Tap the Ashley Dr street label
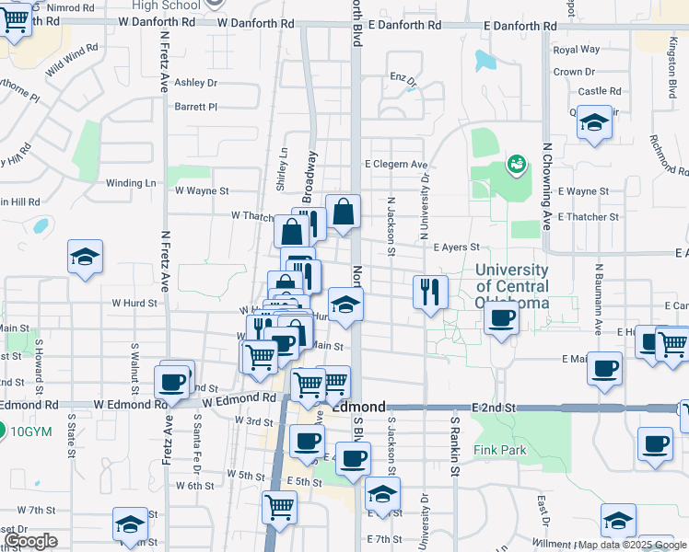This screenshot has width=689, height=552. tap(195, 83)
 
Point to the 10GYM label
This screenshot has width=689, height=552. tap(32, 431)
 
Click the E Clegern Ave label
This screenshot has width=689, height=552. tap(396, 165)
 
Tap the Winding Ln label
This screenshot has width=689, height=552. tap(130, 183)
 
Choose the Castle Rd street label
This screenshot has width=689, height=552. tap(599, 91)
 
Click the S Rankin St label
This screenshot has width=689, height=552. tap(454, 445)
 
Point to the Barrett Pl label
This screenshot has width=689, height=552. tap(195, 107)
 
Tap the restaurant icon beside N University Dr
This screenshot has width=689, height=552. tap(430, 292)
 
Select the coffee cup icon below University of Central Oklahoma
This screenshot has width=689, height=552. tap(501, 317)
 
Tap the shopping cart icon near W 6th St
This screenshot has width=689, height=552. tap(278, 505)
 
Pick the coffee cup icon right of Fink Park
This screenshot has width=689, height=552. tap(656, 443)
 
